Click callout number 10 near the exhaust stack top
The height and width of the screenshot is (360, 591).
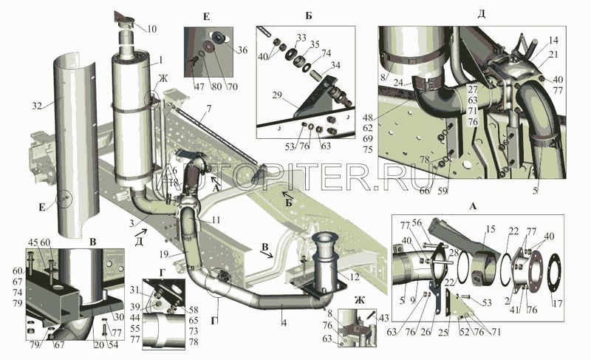click(151, 29)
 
